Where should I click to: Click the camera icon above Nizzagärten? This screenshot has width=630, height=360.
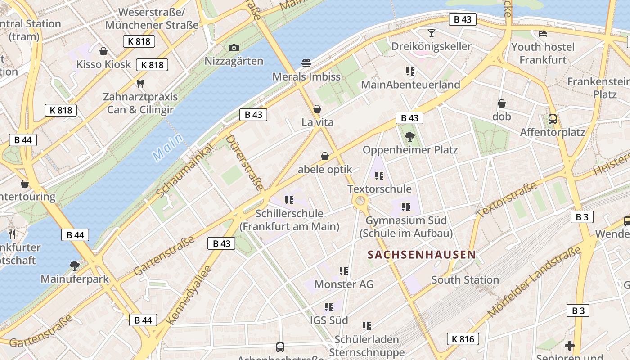point(234,48)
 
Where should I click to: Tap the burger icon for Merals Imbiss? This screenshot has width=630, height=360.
point(306,63)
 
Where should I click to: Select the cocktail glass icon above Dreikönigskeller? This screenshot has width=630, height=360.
point(432,33)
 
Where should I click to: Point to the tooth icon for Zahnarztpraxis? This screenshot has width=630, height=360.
point(140,83)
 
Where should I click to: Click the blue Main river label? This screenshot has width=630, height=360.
point(168,147)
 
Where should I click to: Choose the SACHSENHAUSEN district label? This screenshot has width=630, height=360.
point(421,255)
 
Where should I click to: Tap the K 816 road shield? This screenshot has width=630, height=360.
point(463,339)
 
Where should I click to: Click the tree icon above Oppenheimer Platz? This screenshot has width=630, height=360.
point(409,136)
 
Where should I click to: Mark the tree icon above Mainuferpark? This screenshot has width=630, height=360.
point(75,265)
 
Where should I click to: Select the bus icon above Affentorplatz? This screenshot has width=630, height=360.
point(553,119)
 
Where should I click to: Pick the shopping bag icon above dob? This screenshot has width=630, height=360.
point(502,103)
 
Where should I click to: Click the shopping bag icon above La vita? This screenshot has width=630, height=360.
point(317,109)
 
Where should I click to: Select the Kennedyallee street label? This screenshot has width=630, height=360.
point(189,295)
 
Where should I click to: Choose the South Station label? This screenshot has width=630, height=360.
point(465,280)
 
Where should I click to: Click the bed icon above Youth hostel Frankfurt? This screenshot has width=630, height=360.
point(543,33)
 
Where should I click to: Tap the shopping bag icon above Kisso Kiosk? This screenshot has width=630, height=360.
point(103,51)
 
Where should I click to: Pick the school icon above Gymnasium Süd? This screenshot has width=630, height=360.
point(406,207)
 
